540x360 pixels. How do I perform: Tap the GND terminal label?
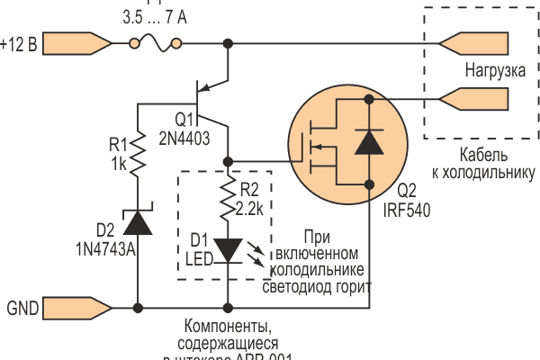tap(22, 308)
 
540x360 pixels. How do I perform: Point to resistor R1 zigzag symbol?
tap(138, 156)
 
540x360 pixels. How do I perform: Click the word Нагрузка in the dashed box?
tap(496, 68)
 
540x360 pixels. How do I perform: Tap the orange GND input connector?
tap(76, 308)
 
